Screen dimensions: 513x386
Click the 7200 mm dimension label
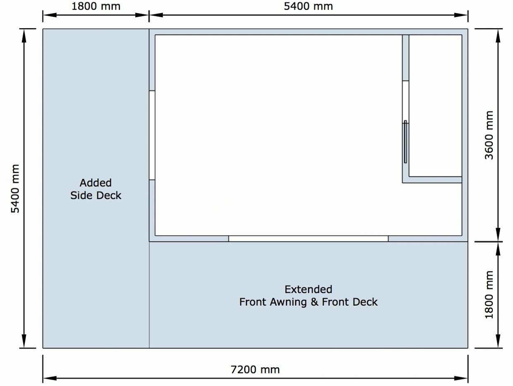255,370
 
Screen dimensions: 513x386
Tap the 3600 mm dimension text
489,135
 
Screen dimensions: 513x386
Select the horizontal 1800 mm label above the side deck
96,6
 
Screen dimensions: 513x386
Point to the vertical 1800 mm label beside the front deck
489,295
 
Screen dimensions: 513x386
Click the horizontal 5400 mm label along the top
308,6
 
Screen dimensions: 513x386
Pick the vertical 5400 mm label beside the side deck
15,188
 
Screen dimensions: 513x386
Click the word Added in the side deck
96,183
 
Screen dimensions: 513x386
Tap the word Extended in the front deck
308,289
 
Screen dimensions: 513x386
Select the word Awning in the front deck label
288,302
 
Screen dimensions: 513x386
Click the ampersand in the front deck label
314,302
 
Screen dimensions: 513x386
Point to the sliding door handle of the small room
405,142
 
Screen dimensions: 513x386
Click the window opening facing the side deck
152,135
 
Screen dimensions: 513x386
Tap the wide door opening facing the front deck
308,239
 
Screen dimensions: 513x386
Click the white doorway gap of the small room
405,102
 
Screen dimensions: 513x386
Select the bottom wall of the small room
432,180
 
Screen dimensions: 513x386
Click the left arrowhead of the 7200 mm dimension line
50,378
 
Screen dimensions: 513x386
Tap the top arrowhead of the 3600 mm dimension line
498,36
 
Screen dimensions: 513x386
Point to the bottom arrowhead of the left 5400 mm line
24,341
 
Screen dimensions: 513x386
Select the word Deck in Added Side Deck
108,195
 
